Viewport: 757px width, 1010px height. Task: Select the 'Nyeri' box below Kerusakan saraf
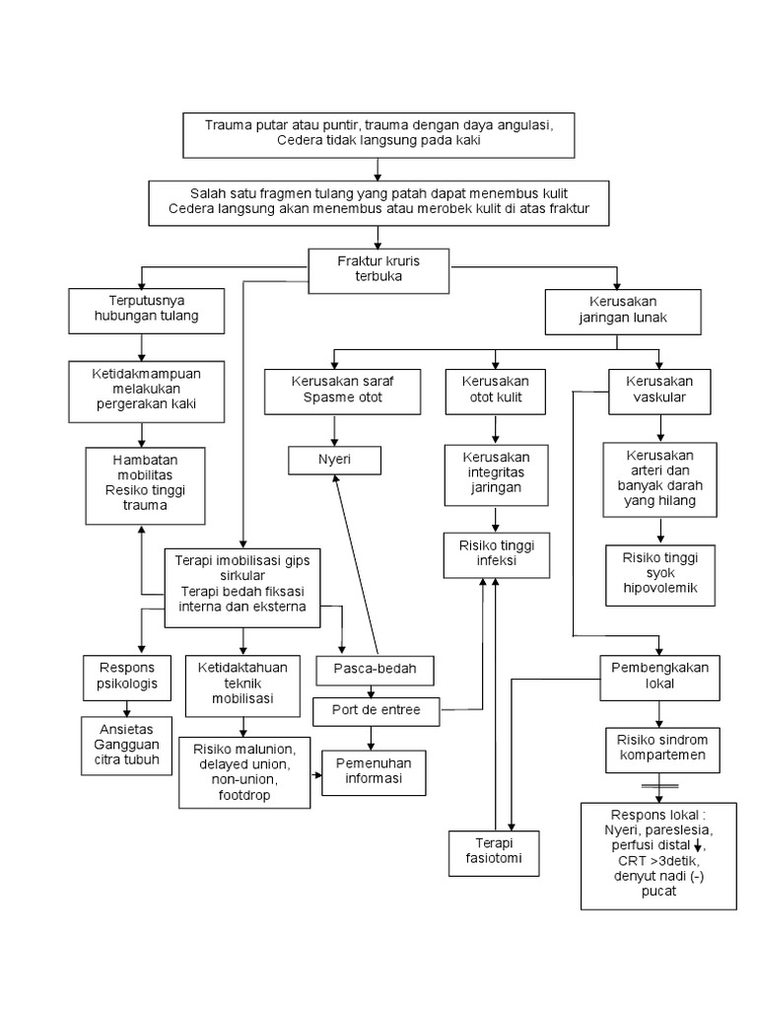(x=334, y=459)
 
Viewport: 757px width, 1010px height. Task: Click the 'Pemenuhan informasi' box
(x=375, y=771)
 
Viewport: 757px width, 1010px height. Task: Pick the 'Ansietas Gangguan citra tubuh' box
(x=127, y=745)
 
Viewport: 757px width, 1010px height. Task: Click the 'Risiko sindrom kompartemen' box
(x=659, y=750)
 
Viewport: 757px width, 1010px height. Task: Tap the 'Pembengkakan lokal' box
(x=659, y=676)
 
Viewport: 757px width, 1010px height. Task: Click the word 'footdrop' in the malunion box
(x=243, y=793)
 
